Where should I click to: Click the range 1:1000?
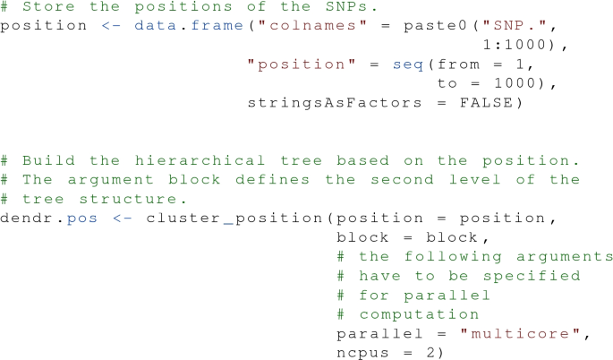[520, 44]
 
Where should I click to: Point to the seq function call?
[409, 64]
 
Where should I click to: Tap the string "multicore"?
[520, 334]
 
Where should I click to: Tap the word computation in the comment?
[420, 314]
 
